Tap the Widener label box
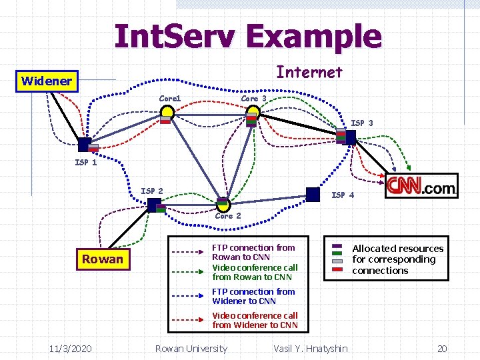click(46, 81)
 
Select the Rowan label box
click(102, 259)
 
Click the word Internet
click(309, 72)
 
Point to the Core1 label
click(170, 99)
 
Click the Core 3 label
click(253, 99)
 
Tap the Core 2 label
click(228, 216)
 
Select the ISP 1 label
click(85, 162)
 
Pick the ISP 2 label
click(151, 191)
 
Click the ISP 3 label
click(362, 123)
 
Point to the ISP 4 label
click(343, 195)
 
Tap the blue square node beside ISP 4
click(313, 194)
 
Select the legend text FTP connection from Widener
click(253, 296)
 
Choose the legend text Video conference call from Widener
click(255, 320)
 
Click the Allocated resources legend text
click(397, 259)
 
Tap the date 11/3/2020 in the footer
click(71, 349)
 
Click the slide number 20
click(441, 349)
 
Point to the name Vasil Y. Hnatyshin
click(311, 349)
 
